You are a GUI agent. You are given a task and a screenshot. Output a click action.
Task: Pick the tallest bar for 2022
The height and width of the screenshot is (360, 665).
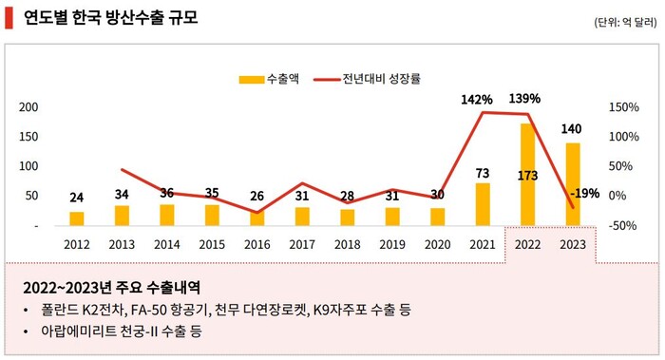[x=527, y=176]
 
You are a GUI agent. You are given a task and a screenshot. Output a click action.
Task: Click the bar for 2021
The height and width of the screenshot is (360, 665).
[x=483, y=204]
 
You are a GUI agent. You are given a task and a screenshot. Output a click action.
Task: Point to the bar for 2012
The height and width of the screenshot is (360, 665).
[x=76, y=218]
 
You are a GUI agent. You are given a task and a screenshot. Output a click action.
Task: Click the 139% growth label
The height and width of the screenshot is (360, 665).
[x=524, y=98]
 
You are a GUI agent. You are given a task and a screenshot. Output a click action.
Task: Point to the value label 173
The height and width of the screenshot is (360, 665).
[x=527, y=175]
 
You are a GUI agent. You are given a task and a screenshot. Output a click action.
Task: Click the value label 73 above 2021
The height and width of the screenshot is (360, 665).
[x=483, y=173]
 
